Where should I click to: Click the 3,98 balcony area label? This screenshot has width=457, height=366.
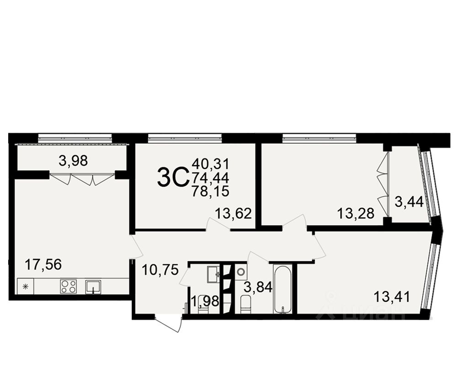coord(73,161)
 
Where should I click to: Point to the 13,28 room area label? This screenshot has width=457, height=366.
coord(356,213)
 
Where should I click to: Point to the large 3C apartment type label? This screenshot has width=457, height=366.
coord(173,177)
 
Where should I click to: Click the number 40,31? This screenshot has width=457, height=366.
coord(210,162)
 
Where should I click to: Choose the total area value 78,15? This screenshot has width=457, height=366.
coord(210,191)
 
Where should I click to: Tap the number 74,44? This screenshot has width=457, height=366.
coord(210,177)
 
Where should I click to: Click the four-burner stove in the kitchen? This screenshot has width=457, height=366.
coord(69,286)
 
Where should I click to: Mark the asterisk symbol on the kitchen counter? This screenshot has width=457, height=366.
coord(26,287)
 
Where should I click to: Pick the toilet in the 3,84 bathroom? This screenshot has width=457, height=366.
coord(246,304)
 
